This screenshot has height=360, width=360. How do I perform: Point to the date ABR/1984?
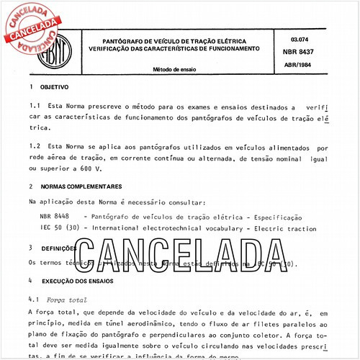click(300, 64)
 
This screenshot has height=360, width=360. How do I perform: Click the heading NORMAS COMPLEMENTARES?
click(88, 186)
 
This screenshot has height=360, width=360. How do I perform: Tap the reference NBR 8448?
click(56, 216)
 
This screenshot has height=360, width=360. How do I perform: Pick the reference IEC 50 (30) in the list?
click(60, 228)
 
